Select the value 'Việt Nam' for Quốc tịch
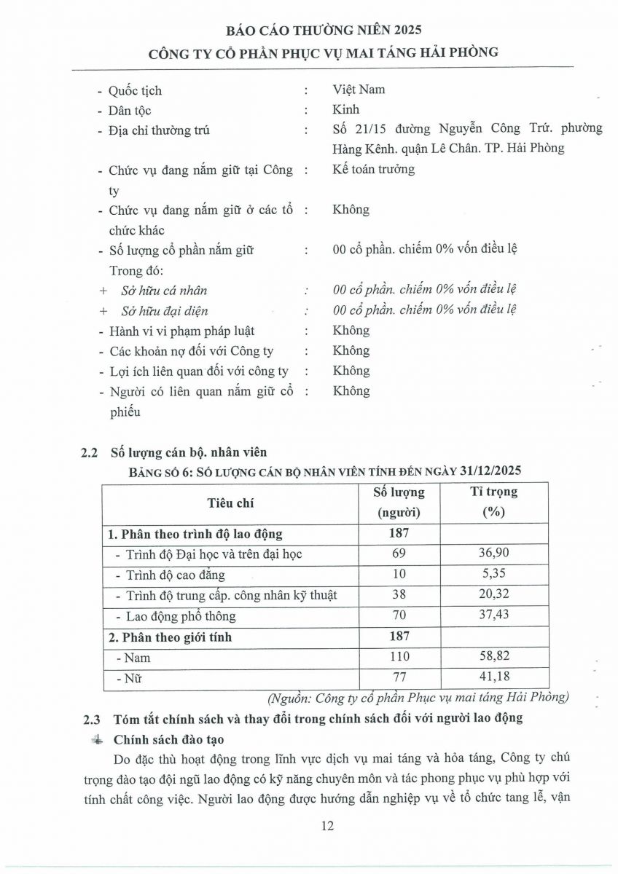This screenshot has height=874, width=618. click(359, 90)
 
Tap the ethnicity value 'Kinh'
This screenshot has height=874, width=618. click(346, 110)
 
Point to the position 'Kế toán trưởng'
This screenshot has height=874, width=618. click(373, 169)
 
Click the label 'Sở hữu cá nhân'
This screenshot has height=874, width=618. click(164, 290)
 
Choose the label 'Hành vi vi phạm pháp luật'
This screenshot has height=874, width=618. click(181, 331)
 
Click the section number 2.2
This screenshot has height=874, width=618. click(89, 452)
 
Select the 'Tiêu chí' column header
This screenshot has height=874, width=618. click(230, 503)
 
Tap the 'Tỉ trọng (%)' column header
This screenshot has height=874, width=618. click(493, 502)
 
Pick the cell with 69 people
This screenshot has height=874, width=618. click(398, 554)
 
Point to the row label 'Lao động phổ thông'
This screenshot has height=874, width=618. click(181, 616)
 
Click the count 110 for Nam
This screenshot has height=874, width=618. click(399, 657)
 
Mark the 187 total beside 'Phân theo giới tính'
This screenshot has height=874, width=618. click(399, 637)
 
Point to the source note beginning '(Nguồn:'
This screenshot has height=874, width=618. click(418, 698)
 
